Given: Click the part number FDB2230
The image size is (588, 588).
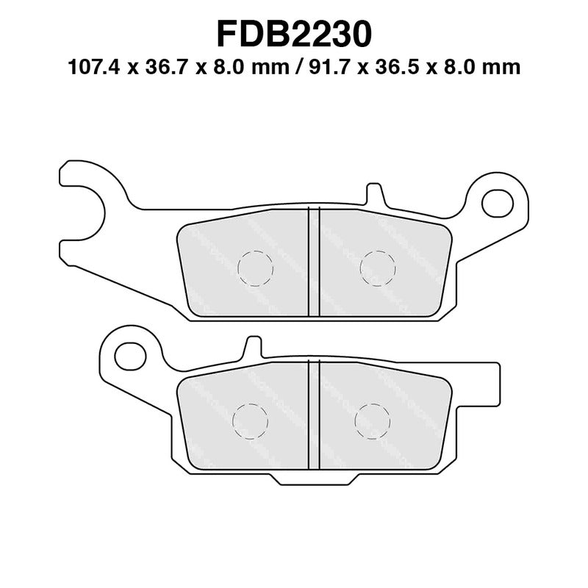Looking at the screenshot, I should point(294,33).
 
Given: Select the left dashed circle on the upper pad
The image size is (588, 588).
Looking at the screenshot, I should point(256,268).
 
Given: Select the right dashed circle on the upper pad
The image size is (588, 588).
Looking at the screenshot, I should point(377,268).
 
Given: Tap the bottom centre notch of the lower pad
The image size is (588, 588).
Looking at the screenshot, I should point(313,478).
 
